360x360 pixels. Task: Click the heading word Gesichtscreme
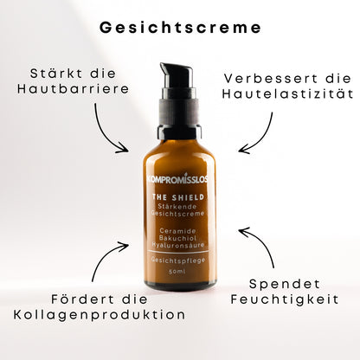click(180, 28)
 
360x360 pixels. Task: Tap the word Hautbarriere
click(73, 89)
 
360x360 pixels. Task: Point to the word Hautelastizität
click(287, 94)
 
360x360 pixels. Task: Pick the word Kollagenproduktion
click(100, 314)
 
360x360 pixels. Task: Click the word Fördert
click(83, 299)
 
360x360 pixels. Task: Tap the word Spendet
click(285, 284)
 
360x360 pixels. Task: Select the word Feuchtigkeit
click(285, 299)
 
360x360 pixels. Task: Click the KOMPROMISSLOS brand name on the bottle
click(177, 179)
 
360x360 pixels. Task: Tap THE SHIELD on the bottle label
click(178, 197)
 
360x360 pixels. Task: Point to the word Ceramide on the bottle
click(178, 231)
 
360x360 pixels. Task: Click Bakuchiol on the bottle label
click(177, 238)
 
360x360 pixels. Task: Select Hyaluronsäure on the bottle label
click(178, 246)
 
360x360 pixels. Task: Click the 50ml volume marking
click(177, 272)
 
